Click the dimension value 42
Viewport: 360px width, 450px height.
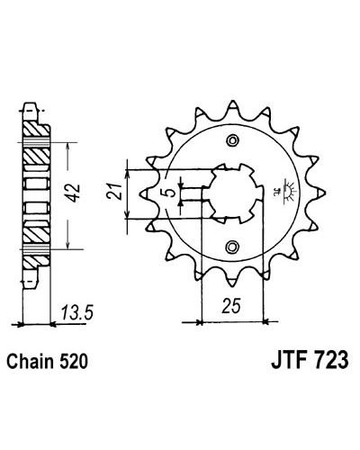point(74,193)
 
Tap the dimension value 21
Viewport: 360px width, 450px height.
point(114,191)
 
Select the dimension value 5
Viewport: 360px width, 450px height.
point(171,193)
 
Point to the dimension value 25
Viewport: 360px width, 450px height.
point(231,306)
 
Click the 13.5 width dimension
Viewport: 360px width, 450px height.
point(77,312)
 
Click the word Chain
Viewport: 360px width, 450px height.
point(30,361)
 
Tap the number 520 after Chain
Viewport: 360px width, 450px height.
point(74,361)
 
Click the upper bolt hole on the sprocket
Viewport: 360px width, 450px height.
point(232,140)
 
